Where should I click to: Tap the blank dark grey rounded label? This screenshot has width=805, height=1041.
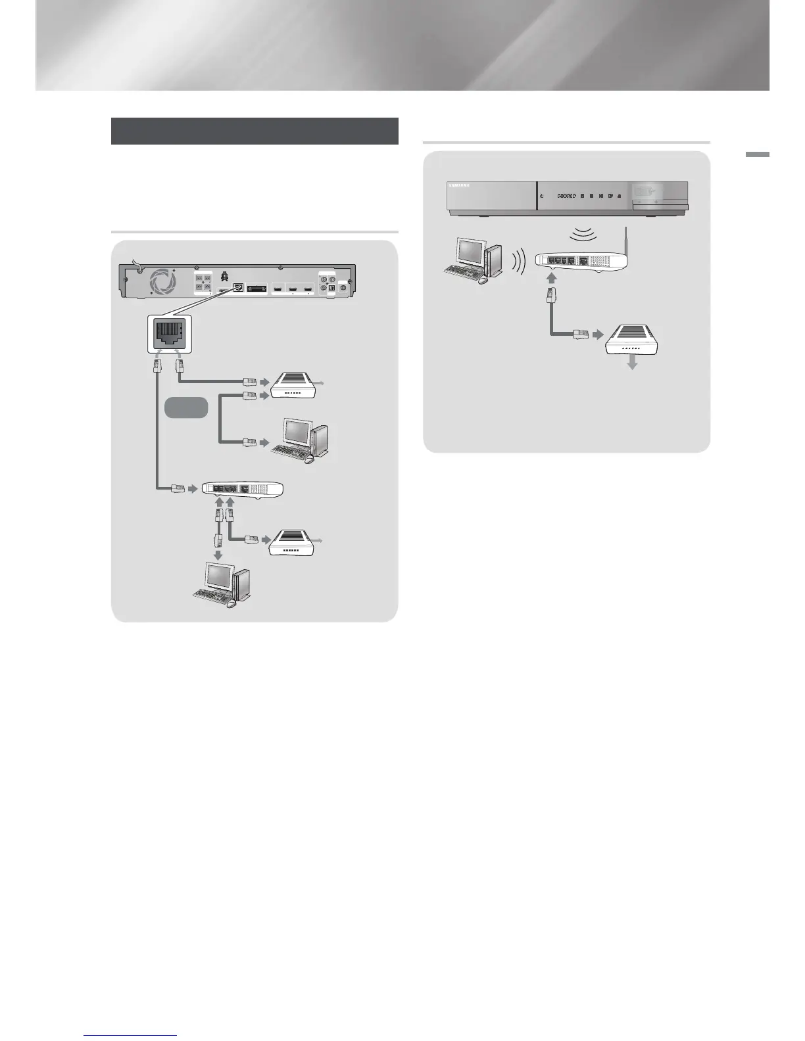pyautogui.click(x=186, y=407)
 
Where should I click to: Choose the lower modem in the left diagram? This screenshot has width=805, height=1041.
pyautogui.click(x=293, y=542)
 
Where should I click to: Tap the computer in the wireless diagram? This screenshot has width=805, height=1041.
pyautogui.click(x=472, y=261)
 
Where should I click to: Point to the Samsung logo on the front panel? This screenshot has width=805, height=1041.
pyautogui.click(x=460, y=186)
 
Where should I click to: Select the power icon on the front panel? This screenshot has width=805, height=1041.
pyautogui.click(x=541, y=196)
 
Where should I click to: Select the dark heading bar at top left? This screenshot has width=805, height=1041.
pyautogui.click(x=255, y=131)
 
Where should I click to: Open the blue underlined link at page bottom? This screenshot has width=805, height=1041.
pyautogui.click(x=131, y=1036)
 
